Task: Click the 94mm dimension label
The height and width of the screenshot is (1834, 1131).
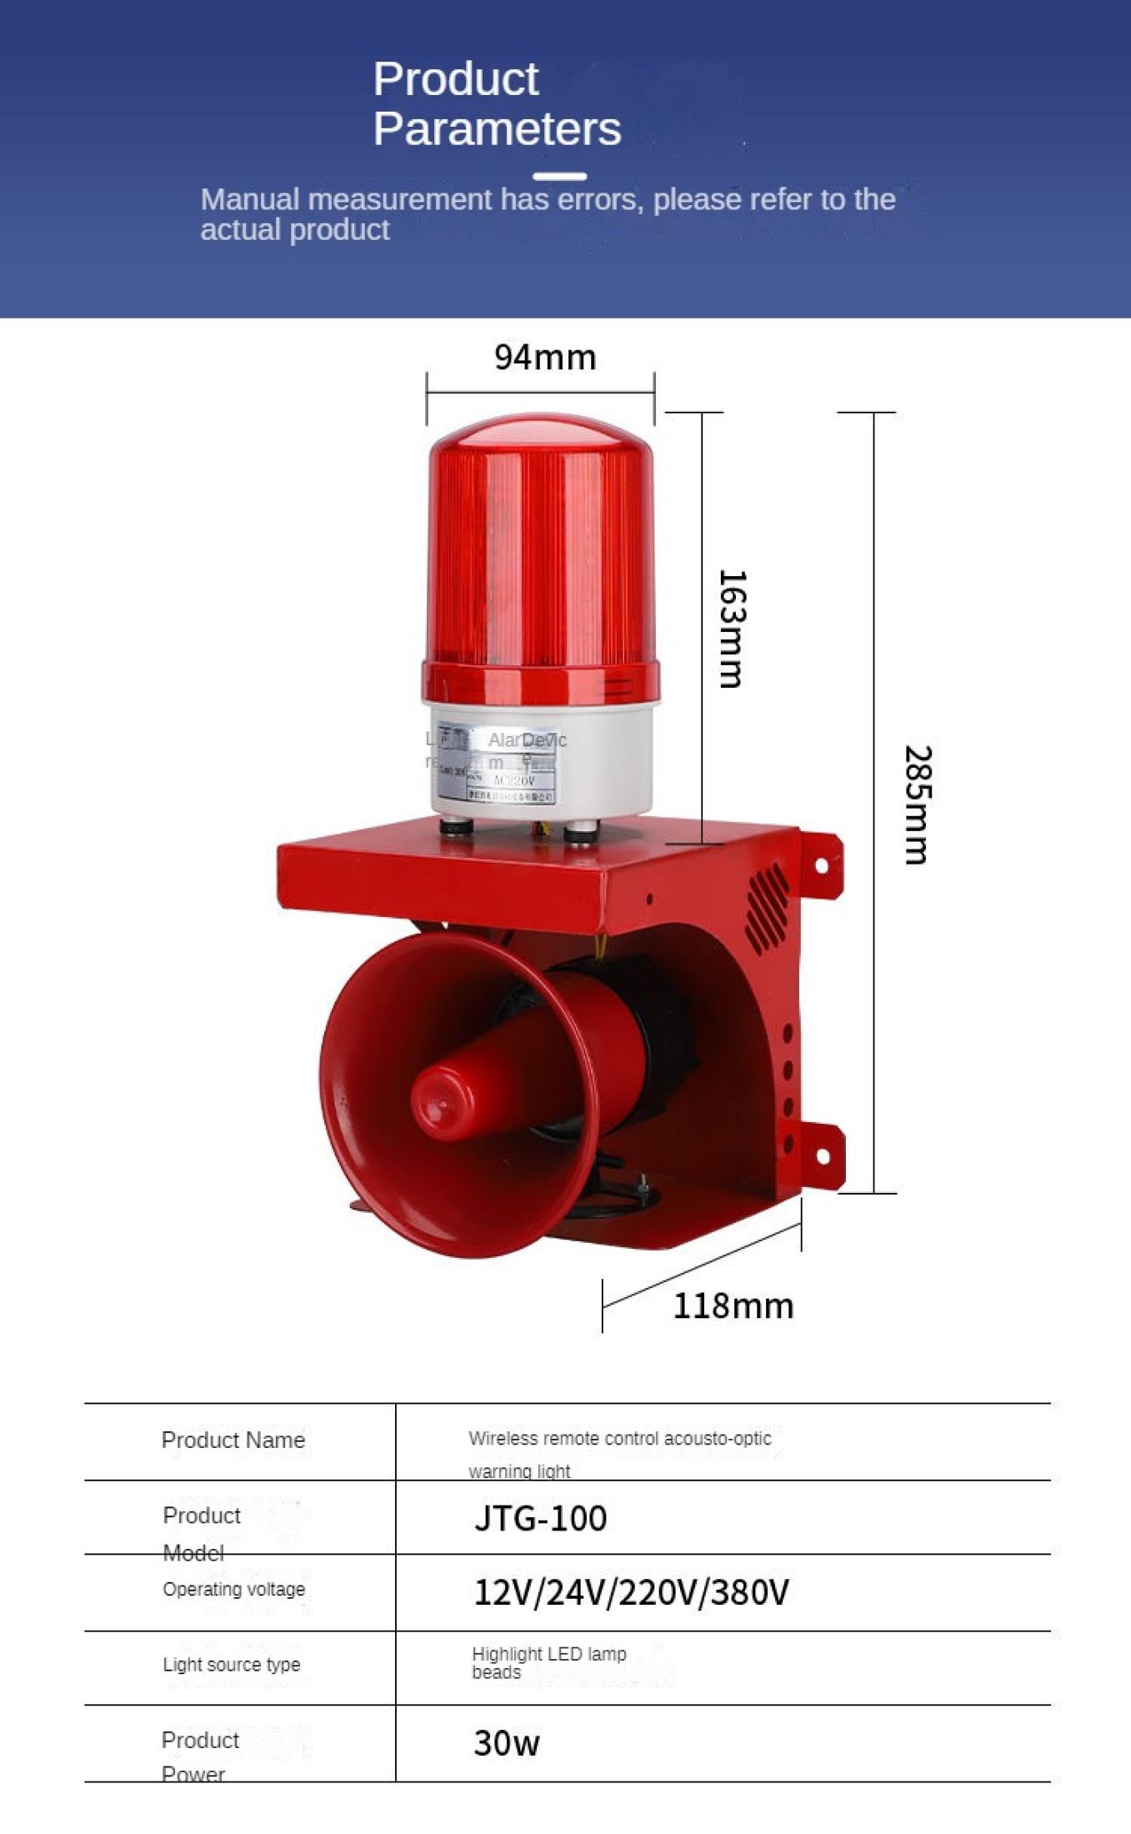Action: click(545, 358)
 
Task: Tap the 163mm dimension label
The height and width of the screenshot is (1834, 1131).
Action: click(732, 629)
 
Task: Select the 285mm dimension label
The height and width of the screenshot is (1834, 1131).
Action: click(918, 805)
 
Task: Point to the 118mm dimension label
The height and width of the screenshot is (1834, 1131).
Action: click(733, 1306)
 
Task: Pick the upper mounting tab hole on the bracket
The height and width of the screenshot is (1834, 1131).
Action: click(822, 865)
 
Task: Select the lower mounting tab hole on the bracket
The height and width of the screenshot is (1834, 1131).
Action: click(823, 1156)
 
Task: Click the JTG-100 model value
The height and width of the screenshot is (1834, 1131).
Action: click(540, 1519)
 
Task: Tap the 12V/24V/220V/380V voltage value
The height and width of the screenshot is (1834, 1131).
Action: click(631, 1592)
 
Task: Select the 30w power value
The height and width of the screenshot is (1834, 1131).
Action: click(507, 1743)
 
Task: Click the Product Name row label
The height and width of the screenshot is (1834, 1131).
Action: click(233, 1441)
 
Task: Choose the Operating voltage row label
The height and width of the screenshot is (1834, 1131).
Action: click(234, 1590)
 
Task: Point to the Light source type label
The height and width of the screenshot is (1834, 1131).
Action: click(232, 1665)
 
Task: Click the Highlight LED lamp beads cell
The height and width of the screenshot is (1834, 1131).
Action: click(548, 1663)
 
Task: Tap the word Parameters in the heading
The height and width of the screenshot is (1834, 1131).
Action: click(497, 129)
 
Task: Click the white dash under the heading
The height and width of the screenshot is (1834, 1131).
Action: click(559, 176)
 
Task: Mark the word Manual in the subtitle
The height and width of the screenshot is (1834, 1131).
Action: click(250, 199)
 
